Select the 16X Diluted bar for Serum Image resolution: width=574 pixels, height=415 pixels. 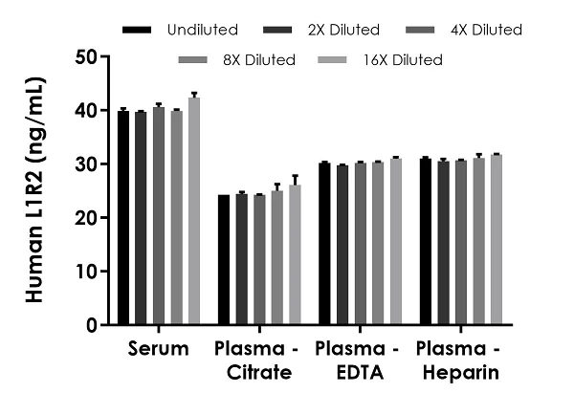[x=194, y=211]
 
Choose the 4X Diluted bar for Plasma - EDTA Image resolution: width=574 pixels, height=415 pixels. [x=360, y=244]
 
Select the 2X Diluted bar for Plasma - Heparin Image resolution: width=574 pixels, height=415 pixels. [x=442, y=243]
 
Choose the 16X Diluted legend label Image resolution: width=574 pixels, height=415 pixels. [x=402, y=60]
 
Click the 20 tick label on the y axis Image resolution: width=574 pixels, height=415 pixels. [x=87, y=218]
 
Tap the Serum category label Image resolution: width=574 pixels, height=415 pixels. [x=159, y=349]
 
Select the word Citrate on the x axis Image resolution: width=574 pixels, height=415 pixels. [x=259, y=373]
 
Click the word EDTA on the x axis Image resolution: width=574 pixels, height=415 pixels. [x=359, y=373]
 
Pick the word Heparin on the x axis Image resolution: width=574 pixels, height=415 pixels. [x=461, y=373]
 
